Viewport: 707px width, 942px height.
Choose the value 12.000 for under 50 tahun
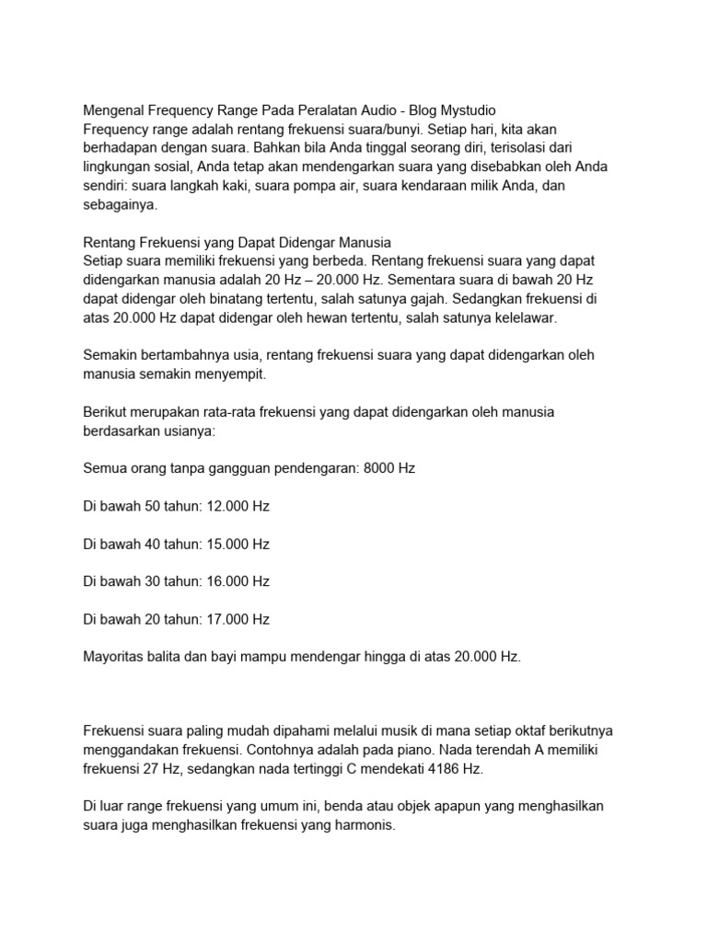(x=226, y=506)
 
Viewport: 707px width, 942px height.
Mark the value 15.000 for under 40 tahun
(x=226, y=544)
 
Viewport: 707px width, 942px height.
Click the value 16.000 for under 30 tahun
(x=226, y=581)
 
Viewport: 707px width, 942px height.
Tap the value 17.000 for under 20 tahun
(x=226, y=619)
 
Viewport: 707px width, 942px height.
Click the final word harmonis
(x=365, y=825)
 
